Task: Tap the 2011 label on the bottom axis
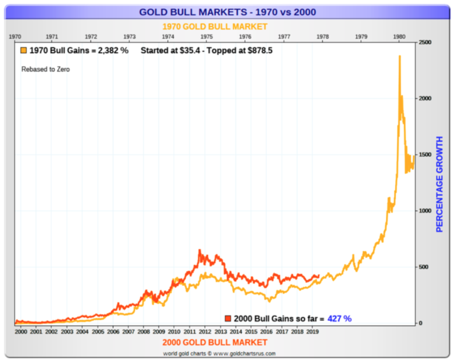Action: [x=189, y=332]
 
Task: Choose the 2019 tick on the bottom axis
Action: [x=312, y=332]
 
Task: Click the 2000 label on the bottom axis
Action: [x=21, y=332]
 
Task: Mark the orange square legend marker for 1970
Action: [x=24, y=51]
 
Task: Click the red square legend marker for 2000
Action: [x=228, y=318]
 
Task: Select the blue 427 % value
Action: [x=339, y=318]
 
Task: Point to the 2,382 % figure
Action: [x=112, y=51]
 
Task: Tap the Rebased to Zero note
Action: [x=45, y=69]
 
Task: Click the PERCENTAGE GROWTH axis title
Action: [x=440, y=184]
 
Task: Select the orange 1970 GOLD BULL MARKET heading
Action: [x=215, y=27]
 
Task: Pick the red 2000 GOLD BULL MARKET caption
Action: [x=215, y=342]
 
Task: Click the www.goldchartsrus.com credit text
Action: [x=245, y=353]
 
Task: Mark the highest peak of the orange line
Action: [x=399, y=56]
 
